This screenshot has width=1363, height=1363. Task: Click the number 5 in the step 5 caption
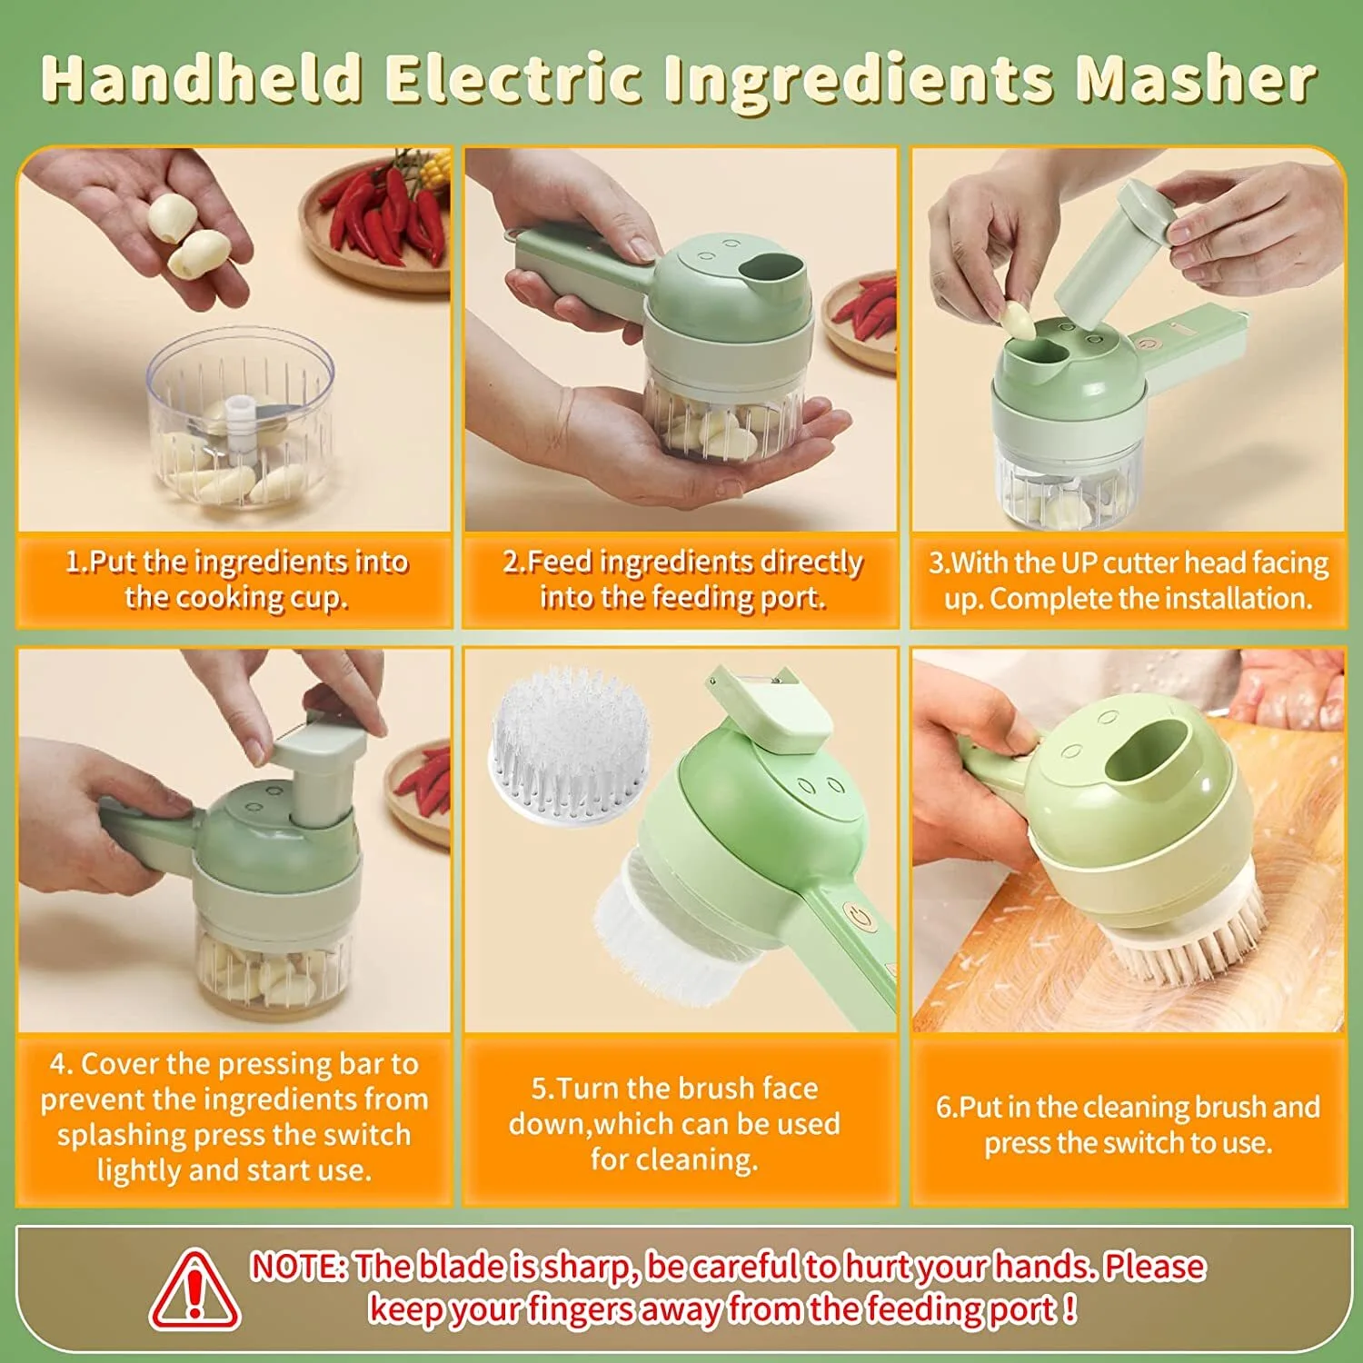pyautogui.click(x=539, y=1089)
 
